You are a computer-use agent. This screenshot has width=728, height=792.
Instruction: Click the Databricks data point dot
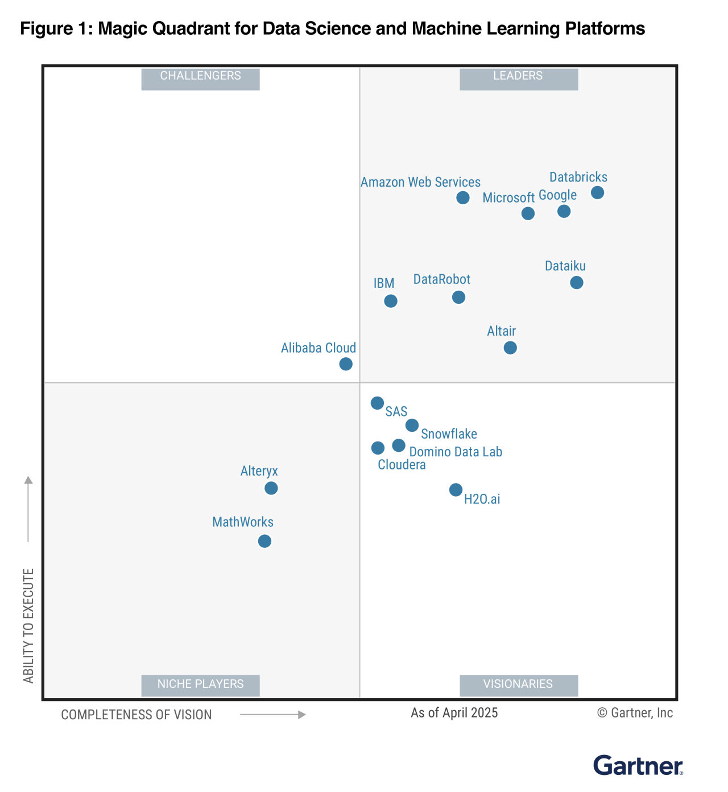click(597, 192)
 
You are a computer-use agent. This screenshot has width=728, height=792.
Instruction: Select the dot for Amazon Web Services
click(463, 197)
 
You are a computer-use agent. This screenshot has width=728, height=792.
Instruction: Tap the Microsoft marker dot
click(528, 213)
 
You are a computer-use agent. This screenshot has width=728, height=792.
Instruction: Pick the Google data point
click(564, 211)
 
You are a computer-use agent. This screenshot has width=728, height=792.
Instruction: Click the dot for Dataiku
click(576, 282)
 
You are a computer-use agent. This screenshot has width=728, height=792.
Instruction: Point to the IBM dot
click(390, 301)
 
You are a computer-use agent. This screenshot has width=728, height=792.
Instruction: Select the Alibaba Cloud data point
click(346, 364)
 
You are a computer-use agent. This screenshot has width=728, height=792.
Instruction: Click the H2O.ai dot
click(456, 489)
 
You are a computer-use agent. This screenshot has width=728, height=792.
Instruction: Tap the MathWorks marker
click(264, 541)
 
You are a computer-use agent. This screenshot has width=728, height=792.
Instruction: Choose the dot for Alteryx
click(271, 488)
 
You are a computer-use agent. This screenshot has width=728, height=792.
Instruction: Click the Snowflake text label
click(449, 434)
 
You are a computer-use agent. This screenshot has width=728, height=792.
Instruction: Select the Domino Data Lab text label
click(456, 452)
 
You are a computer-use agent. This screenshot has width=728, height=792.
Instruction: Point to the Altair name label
click(501, 331)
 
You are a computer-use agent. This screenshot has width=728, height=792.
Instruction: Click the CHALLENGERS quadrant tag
click(200, 76)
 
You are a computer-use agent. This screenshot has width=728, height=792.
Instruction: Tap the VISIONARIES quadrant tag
click(518, 684)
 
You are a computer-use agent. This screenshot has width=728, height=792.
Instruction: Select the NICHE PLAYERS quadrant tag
click(200, 684)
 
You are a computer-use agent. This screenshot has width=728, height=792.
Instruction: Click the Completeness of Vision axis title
click(136, 715)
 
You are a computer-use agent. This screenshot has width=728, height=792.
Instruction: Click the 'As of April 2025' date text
click(454, 713)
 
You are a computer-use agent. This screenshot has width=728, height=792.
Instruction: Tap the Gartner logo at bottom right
click(638, 765)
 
